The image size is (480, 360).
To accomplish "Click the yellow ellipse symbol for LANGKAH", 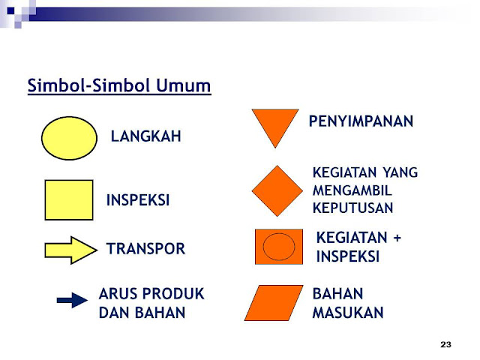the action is (x=69, y=138).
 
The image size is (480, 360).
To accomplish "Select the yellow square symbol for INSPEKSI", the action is (x=69, y=200).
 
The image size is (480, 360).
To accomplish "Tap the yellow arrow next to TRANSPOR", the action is (x=71, y=250).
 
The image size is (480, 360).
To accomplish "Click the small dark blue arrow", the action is (x=72, y=300).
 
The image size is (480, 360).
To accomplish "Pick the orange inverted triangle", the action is (x=275, y=125).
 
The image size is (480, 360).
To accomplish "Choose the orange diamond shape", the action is (x=277, y=191).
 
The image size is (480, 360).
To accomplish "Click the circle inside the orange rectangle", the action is (x=279, y=247).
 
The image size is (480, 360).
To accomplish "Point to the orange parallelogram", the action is (x=274, y=303).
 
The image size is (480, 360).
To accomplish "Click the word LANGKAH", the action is (x=146, y=136).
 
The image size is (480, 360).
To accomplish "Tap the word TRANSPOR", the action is (x=145, y=248).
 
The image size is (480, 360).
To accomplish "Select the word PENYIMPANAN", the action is (x=361, y=121).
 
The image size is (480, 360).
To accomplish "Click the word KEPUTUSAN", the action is (x=352, y=208).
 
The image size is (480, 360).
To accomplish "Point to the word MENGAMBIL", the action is (x=352, y=190).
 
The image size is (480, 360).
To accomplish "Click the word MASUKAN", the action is (x=348, y=313).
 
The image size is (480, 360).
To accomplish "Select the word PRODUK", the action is (x=173, y=294).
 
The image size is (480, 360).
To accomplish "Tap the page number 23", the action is (x=445, y=345).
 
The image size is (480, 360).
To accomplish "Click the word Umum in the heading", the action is (x=184, y=85).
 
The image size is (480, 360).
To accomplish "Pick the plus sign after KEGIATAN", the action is (x=397, y=238).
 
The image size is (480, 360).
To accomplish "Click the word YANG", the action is (x=400, y=172).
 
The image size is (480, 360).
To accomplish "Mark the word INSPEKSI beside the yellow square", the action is (x=138, y=200).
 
